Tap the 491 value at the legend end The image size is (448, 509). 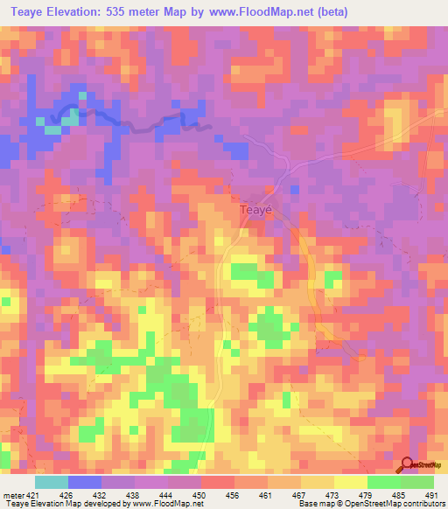[431, 496]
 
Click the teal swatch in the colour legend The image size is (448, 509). [52, 482]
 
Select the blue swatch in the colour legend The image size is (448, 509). [85, 482]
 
